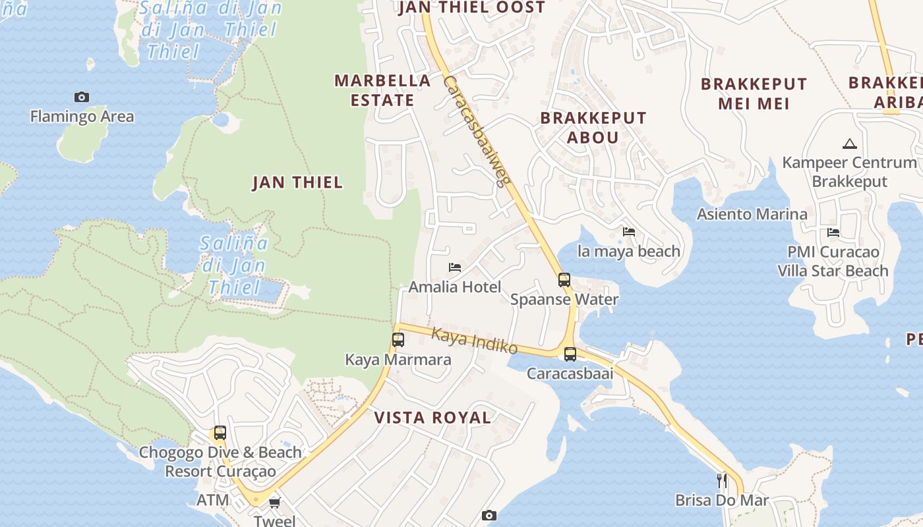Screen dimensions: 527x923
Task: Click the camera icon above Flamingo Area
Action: pyautogui.click(x=82, y=97)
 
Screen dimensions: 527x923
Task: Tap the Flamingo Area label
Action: pyautogui.click(x=82, y=117)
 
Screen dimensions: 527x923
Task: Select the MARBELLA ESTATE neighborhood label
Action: pyautogui.click(x=382, y=90)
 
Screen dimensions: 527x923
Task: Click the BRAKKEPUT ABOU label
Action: pyautogui.click(x=593, y=127)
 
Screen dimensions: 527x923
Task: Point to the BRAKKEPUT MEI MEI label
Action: pyautogui.click(x=754, y=94)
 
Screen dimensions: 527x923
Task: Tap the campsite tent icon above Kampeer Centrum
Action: pyautogui.click(x=849, y=144)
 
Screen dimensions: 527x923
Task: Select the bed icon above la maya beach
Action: pyautogui.click(x=629, y=232)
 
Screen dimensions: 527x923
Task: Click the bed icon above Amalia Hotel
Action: pyautogui.click(x=455, y=267)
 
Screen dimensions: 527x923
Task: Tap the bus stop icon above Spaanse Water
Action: pyautogui.click(x=564, y=279)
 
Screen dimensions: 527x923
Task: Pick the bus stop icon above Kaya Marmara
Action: pyautogui.click(x=398, y=340)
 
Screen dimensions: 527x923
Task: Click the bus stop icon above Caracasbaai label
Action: pyautogui.click(x=570, y=354)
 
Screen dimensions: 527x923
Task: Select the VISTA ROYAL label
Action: pyautogui.click(x=432, y=418)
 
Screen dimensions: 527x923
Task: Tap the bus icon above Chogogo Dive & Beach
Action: pyautogui.click(x=220, y=433)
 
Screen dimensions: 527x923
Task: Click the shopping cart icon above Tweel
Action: pyautogui.click(x=274, y=503)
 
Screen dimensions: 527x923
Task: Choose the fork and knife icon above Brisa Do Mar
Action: pyautogui.click(x=722, y=480)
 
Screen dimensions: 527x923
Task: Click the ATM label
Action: pyautogui.click(x=213, y=500)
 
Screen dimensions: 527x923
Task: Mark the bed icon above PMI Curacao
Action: pyautogui.click(x=833, y=233)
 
